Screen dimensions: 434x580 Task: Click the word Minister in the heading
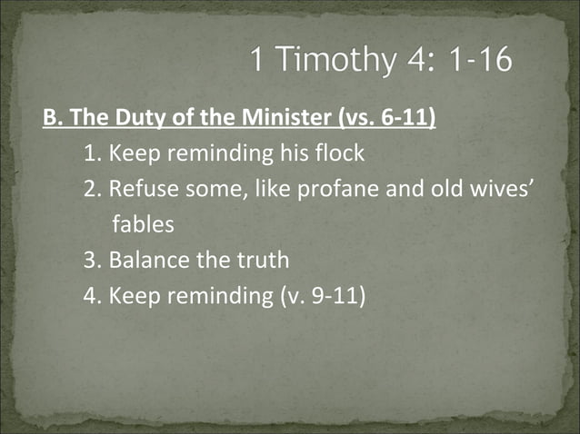(x=264, y=119)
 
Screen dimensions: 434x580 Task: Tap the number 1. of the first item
(x=93, y=153)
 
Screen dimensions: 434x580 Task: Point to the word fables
(x=144, y=224)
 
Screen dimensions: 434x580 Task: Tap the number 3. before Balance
(x=93, y=260)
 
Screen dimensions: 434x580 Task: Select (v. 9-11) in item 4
(x=322, y=295)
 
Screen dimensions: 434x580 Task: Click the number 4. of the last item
(x=93, y=295)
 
